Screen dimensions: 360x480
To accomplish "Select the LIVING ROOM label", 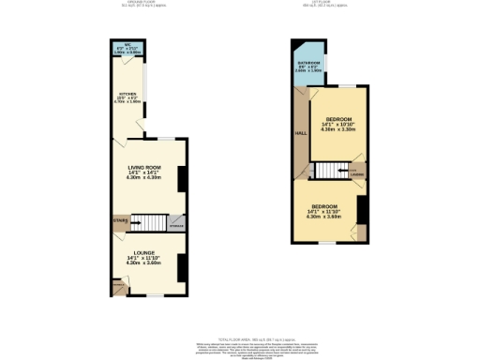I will pos(145,167).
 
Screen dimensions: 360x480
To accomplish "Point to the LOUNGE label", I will pos(145,252).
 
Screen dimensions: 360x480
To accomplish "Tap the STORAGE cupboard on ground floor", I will pos(176,223).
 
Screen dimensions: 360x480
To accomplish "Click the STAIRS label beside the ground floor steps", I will pos(118,221).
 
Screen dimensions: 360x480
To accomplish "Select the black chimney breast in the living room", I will pos(183,178).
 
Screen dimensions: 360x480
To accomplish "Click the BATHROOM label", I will pos(309,63).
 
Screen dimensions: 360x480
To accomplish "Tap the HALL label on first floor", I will pos(301,134).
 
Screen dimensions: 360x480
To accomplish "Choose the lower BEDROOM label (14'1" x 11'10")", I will pos(324,205).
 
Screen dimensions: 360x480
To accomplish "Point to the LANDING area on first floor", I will pos(357,172).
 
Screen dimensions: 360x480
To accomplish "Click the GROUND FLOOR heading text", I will pos(141,3).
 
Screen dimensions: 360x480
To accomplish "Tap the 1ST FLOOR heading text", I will pos(330,3).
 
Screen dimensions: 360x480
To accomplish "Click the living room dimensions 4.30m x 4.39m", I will pos(145,178).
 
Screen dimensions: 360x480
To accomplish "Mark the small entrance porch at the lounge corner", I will pos(118,286).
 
